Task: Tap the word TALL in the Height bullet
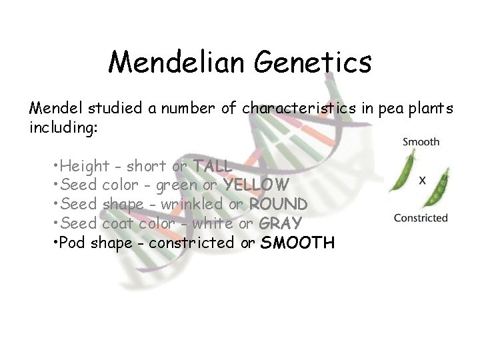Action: tap(212, 165)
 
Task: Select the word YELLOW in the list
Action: tap(256, 184)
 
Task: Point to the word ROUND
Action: tap(278, 203)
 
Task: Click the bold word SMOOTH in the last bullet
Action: tap(297, 243)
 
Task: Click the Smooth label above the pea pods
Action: tap(421, 141)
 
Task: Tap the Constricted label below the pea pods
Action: tap(421, 217)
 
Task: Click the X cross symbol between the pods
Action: tap(423, 179)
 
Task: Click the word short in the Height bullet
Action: tap(147, 165)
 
